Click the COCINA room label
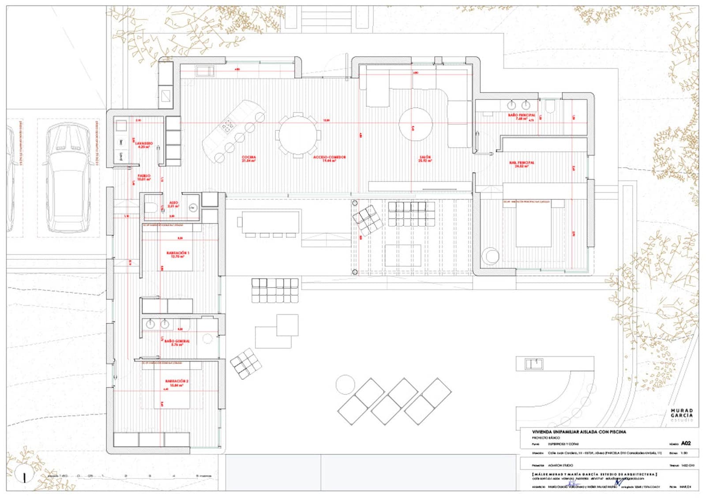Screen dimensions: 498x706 [249, 158]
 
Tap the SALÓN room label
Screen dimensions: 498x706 [425, 158]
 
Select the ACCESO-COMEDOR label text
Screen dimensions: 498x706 [330, 158]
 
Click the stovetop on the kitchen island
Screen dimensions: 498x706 [228, 127]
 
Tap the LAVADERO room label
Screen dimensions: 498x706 [144, 145]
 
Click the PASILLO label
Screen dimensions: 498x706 [144, 177]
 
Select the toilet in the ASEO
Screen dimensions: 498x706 [150, 207]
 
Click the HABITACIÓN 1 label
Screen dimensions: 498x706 [177, 255]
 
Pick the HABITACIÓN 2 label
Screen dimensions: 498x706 [177, 382]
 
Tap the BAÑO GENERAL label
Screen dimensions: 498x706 [176, 342]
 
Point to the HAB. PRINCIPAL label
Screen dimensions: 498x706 [522, 164]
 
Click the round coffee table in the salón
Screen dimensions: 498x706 [415, 124]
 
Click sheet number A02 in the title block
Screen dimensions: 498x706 [686, 443]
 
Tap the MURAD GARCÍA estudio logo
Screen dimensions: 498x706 [682, 415]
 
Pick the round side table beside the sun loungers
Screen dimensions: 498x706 [345, 384]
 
